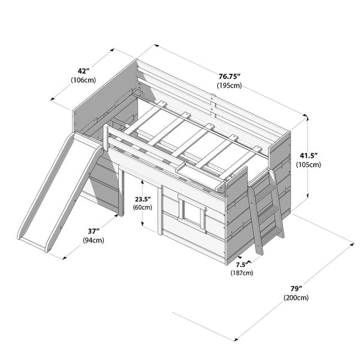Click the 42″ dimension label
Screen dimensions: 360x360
(x=83, y=71)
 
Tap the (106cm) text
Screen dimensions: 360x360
(x=83, y=80)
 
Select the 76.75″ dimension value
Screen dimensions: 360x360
(x=229, y=76)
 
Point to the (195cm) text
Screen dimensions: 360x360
(x=229, y=85)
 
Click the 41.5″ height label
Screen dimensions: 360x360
(x=308, y=155)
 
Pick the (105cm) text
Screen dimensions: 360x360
(x=308, y=164)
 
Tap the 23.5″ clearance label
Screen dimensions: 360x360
(x=143, y=199)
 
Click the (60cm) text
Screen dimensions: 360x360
(x=143, y=208)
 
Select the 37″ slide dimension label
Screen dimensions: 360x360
(x=94, y=231)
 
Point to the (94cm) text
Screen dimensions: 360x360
(x=94, y=240)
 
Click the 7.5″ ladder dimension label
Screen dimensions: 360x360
(x=242, y=265)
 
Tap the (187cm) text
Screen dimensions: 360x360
(x=242, y=273)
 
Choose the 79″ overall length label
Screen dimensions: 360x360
(x=296, y=289)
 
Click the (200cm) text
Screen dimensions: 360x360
(x=296, y=298)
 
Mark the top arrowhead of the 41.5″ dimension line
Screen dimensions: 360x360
(x=307, y=118)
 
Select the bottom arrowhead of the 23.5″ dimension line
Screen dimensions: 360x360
(x=143, y=224)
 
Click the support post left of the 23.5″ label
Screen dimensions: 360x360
(x=121, y=193)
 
